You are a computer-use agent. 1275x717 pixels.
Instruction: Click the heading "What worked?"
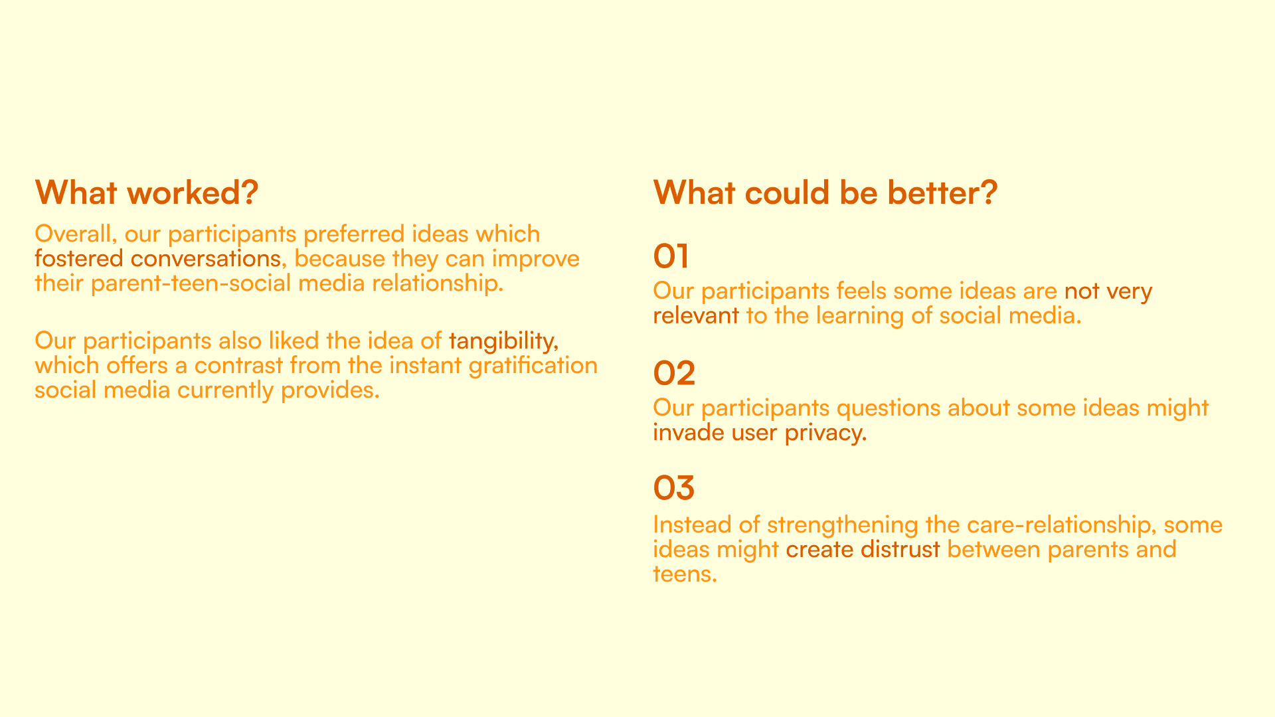(x=146, y=193)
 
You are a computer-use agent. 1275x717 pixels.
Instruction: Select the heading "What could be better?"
(x=825, y=193)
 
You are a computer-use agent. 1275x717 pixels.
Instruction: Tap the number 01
(x=671, y=256)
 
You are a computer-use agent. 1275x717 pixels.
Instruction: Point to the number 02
(x=674, y=373)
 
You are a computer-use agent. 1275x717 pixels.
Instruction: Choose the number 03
(x=674, y=488)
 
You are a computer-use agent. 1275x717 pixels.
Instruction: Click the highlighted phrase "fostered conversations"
(x=157, y=258)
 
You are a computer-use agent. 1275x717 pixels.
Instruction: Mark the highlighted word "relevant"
(x=696, y=315)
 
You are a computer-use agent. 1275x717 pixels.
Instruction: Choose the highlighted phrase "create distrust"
(x=863, y=550)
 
